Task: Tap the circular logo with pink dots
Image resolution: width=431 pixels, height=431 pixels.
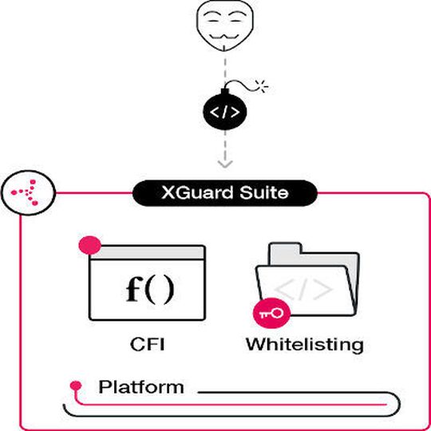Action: point(26,192)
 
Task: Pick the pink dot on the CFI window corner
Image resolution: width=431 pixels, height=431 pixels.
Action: point(84,246)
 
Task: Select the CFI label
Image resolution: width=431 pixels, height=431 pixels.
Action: point(148,345)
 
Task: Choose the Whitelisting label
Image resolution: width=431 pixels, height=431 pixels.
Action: point(304,345)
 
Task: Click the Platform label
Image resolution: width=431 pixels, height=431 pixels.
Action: point(140,388)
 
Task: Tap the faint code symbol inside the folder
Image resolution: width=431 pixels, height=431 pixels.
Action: point(303,290)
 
